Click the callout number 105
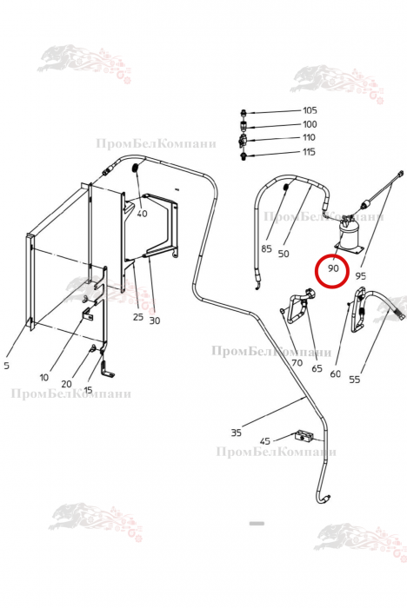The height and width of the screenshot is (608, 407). [x=310, y=110]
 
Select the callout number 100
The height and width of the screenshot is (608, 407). [x=310, y=124]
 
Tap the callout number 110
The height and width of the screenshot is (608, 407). [x=309, y=137]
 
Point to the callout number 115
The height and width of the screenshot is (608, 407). [x=309, y=152]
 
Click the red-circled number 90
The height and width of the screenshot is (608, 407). [x=333, y=268]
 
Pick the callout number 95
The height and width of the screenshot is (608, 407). [x=360, y=275]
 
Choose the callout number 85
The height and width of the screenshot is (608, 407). [x=266, y=248]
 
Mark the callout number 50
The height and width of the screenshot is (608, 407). [x=284, y=254]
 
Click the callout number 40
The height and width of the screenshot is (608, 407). [x=142, y=214]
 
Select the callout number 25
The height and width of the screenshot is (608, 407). [x=138, y=317]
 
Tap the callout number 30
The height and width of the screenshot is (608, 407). [x=154, y=321]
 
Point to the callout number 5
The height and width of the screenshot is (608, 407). [x=6, y=366]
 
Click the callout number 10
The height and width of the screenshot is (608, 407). [x=43, y=377]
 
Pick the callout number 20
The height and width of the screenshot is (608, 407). [x=66, y=384]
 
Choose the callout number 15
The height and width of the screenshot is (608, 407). [x=88, y=390]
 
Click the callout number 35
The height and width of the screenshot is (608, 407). [x=237, y=432]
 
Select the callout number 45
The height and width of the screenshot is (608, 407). [x=265, y=441]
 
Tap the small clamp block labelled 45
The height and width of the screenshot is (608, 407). [x=304, y=436]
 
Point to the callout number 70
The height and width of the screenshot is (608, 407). [x=297, y=363]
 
